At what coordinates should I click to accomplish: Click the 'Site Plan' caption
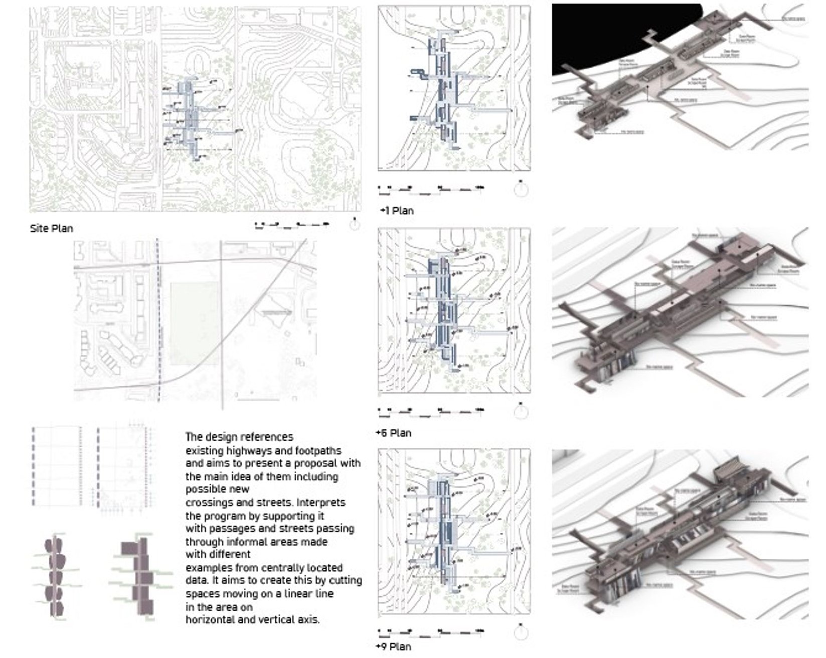coord(51,229)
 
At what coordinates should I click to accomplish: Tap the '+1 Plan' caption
coord(397,211)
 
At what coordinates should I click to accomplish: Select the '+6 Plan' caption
coord(394,433)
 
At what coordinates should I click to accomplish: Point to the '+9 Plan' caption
coord(394,647)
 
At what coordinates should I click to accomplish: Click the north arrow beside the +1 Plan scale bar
coord(521,189)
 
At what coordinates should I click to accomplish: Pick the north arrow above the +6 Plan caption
coord(521,411)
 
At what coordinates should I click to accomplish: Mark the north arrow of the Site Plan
coord(354,224)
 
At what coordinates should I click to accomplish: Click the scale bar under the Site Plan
coord(292,225)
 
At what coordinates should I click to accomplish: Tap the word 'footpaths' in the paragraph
coord(318,451)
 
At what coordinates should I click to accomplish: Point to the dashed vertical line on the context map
coord(159,321)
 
